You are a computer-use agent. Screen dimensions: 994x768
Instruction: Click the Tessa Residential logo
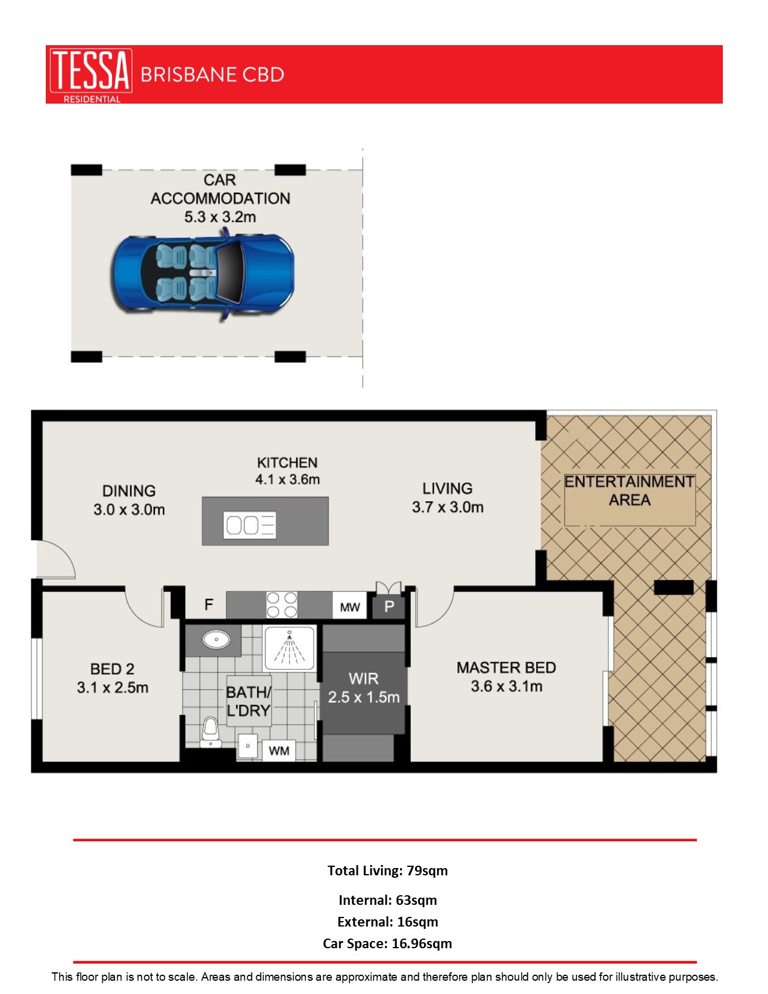[x=90, y=75]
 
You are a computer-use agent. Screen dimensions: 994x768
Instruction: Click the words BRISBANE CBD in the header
[x=212, y=75]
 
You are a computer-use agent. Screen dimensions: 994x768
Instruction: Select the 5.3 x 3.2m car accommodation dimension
[x=220, y=217]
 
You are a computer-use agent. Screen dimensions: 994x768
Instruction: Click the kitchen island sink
[x=250, y=525]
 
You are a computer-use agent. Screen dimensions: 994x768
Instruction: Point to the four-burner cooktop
[x=282, y=604]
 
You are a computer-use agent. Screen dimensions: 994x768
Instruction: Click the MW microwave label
[x=350, y=607]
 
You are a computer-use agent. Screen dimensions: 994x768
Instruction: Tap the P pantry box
[x=389, y=607]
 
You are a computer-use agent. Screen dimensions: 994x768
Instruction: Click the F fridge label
[x=208, y=604]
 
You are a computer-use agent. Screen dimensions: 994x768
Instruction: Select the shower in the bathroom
[x=289, y=648]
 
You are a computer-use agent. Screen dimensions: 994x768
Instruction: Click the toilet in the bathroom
[x=210, y=731]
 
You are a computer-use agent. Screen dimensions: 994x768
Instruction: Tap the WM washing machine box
[x=279, y=751]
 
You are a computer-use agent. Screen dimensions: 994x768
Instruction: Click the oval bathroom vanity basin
[x=216, y=639]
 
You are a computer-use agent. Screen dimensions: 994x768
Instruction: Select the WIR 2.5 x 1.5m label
[x=363, y=688]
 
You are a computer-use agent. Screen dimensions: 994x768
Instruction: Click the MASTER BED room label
[x=506, y=667]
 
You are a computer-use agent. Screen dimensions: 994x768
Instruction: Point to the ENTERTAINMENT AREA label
[x=629, y=490]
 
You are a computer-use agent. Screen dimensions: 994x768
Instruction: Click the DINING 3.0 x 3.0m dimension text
[x=129, y=510]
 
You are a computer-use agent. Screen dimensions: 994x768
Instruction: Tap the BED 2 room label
[x=112, y=669]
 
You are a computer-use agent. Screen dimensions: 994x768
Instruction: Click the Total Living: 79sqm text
[x=387, y=871]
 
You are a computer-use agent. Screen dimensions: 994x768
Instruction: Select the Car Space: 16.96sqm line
[x=387, y=943]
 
